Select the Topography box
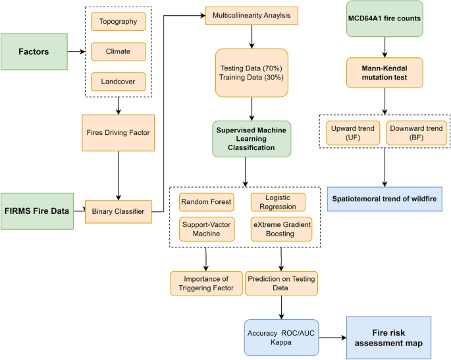click(x=119, y=22)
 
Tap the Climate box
click(x=119, y=50)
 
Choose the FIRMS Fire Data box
click(x=36, y=211)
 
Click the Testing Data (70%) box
click(x=252, y=68)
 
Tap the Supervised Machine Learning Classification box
click(x=252, y=139)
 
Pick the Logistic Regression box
click(x=278, y=201)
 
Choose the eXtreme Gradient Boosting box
click(x=281, y=228)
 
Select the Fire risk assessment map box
click(x=388, y=338)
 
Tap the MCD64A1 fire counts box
click(x=385, y=18)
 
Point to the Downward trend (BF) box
click(x=416, y=134)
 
